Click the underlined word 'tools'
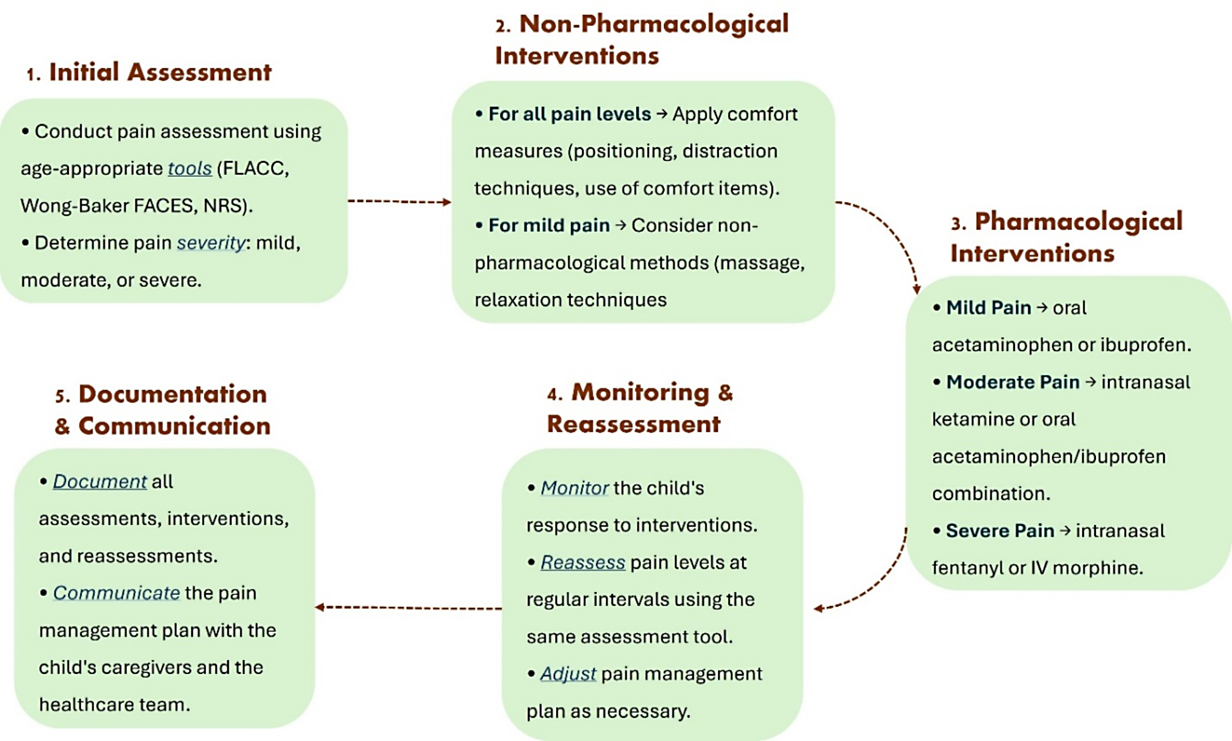189,168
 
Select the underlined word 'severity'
211,243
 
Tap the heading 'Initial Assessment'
160,72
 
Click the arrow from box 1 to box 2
399,201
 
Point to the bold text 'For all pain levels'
569,114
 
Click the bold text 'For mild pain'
549,225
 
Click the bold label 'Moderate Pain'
1013,382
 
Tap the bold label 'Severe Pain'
1000,530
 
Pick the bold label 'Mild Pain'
989,307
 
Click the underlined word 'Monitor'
574,488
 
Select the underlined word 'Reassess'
582,562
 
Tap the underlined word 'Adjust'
567,673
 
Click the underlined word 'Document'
99,481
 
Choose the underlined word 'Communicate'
116,592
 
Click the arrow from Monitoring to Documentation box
409,607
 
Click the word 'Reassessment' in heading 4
633,424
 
